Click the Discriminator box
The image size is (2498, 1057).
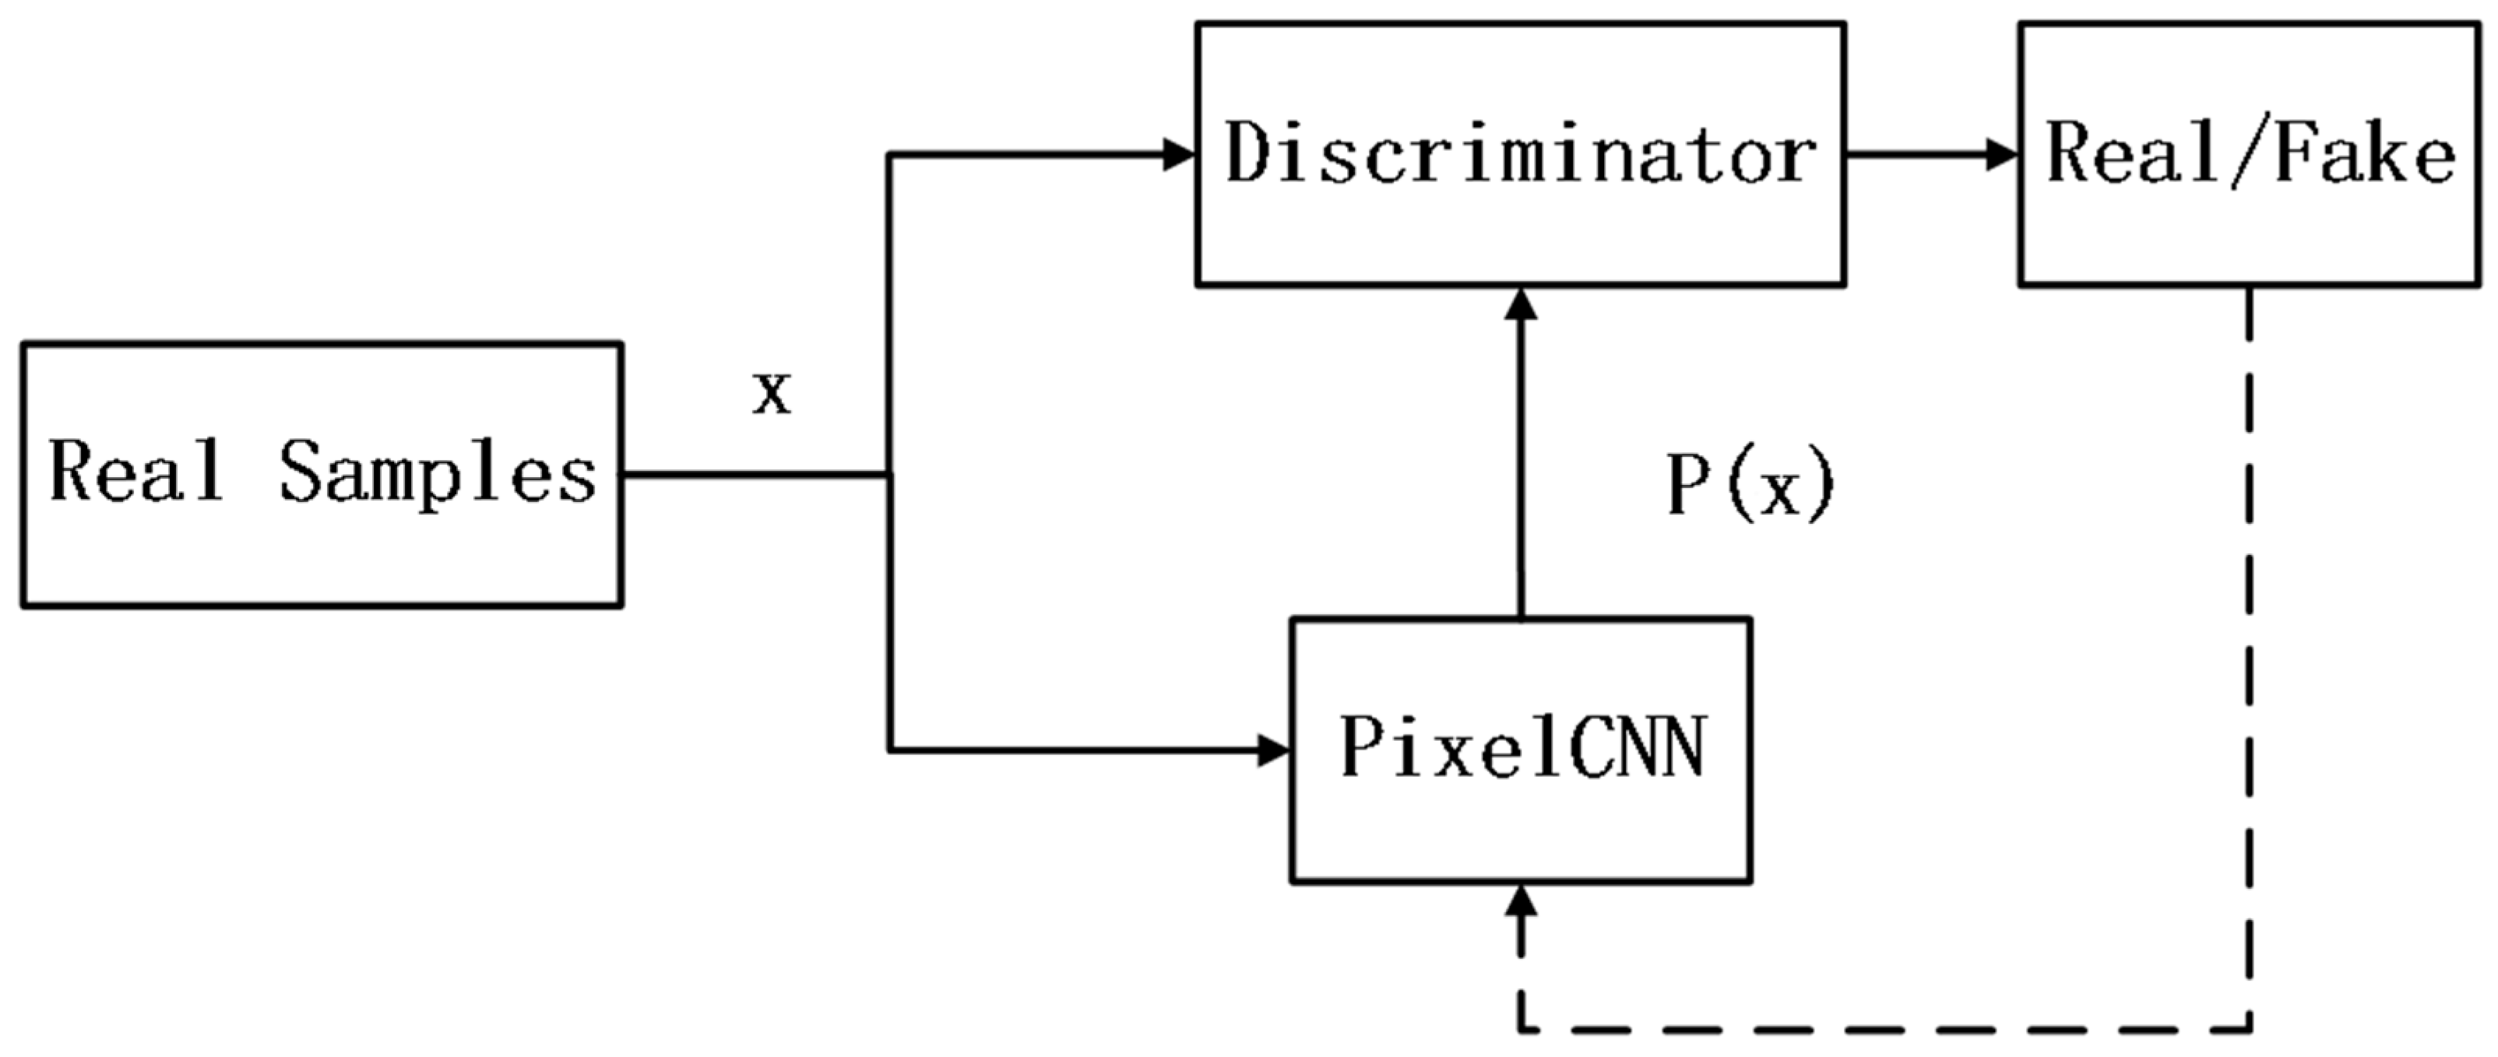pos(1519,155)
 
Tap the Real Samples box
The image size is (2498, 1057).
pos(322,474)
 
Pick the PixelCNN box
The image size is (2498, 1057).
pos(1519,750)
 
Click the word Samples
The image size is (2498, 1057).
pos(438,474)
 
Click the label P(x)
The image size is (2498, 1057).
pos(1750,485)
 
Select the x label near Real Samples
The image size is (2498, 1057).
pos(772,394)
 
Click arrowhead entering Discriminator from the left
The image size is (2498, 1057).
pos(1178,154)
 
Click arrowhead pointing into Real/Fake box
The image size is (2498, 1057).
pos(2003,154)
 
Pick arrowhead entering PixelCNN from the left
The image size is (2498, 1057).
pos(1272,750)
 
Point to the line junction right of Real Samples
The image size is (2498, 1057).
pos(889,474)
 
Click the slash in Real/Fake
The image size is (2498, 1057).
pos(2248,155)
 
